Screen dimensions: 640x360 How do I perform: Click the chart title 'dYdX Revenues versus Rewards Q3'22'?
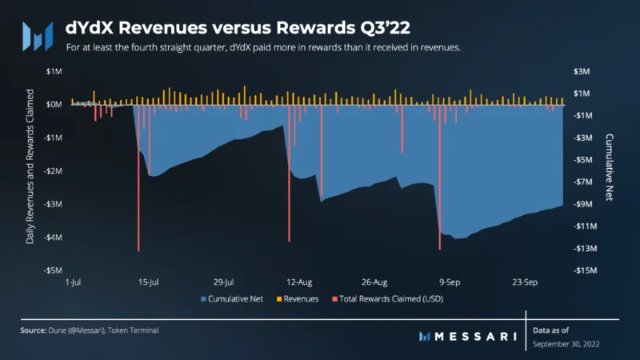pos(238,28)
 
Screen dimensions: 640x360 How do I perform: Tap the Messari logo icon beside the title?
pos(38,36)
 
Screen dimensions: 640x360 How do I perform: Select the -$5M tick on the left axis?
pos(53,270)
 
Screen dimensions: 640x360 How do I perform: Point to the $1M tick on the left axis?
pos(54,71)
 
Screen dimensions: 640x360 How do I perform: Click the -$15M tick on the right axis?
pos(585,270)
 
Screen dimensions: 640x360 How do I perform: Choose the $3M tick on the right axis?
pos(582,71)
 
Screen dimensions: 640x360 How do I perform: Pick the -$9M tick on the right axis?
pos(583,204)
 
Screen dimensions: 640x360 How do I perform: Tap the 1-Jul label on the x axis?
pos(73,282)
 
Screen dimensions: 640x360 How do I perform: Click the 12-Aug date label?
pos(299,282)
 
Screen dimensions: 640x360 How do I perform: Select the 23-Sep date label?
pos(525,282)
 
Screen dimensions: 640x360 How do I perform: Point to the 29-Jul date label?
pos(224,282)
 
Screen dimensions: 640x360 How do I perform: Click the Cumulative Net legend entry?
pos(232,298)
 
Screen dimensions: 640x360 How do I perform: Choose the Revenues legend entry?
pos(298,298)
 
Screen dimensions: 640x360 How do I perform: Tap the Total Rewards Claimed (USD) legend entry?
pos(388,298)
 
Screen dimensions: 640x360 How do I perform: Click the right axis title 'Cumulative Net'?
pos(610,167)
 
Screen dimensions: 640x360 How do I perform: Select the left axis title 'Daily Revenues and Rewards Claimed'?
pos(30,166)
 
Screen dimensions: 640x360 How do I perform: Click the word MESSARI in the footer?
pos(476,336)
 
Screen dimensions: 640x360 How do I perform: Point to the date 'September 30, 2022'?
pos(566,344)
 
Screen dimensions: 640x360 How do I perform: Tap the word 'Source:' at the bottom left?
pos(34,330)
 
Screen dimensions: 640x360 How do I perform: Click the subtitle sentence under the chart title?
pos(263,47)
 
